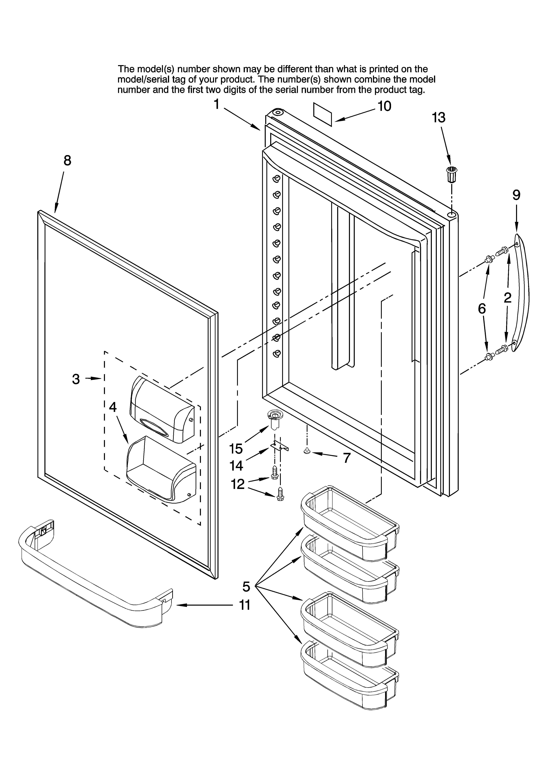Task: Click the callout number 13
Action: coord(438,118)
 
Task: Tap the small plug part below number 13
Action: coord(451,174)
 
